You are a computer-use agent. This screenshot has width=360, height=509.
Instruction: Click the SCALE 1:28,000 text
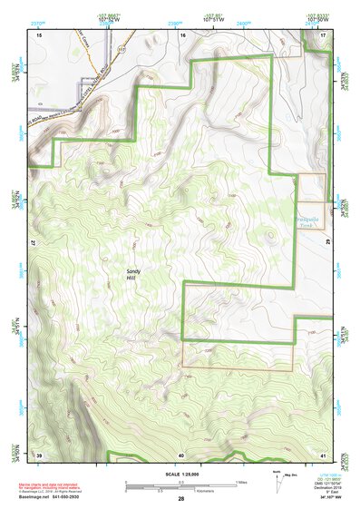(182, 474)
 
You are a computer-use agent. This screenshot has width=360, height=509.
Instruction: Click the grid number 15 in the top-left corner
(39, 34)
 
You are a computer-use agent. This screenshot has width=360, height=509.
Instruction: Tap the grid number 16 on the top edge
(182, 34)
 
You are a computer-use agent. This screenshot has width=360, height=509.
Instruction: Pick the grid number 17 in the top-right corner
(323, 34)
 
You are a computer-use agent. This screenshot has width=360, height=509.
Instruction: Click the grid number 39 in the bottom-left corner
(39, 454)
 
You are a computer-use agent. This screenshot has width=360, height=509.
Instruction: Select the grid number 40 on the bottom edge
(181, 454)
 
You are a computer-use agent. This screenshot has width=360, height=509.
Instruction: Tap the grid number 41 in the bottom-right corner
(323, 454)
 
